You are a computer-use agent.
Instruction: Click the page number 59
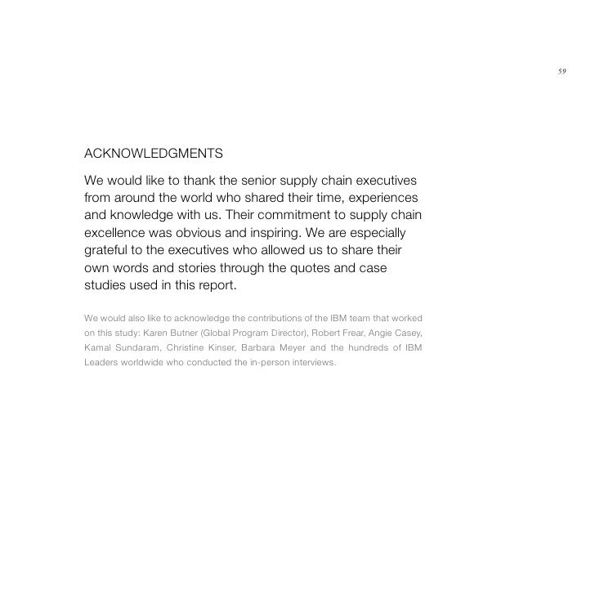click(x=561, y=71)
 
